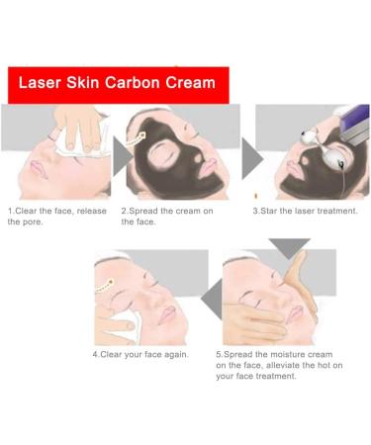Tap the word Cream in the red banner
coord(190,84)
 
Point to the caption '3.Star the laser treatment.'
coord(305,212)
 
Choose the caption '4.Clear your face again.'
coord(140,354)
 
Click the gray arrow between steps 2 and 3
coord(251,156)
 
